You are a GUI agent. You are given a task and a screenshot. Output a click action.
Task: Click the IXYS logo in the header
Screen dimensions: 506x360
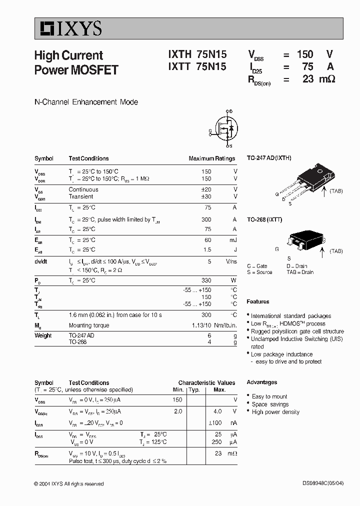point(68,28)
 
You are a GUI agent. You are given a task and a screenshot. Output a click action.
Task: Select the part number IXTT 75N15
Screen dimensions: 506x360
point(197,67)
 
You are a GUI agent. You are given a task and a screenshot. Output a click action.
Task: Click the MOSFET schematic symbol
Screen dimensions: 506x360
point(224,129)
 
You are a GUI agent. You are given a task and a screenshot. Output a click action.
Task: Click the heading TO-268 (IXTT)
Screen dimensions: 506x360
point(264,219)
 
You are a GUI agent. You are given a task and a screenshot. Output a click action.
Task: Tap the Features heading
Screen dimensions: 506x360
point(258,301)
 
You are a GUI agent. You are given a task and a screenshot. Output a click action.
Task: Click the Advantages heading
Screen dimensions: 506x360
point(261,382)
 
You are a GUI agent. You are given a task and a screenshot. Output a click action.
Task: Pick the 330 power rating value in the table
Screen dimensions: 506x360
point(206,280)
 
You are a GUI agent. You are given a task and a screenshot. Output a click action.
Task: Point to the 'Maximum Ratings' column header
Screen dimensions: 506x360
point(211,158)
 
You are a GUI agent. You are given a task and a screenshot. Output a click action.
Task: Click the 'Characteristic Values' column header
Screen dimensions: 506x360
point(206,382)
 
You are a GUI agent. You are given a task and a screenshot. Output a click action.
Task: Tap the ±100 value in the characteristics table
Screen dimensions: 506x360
point(214,423)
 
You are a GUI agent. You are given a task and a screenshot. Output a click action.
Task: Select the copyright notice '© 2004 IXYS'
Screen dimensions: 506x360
point(69,483)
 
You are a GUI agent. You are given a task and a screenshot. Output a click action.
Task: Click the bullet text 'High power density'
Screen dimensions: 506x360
point(275,412)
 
